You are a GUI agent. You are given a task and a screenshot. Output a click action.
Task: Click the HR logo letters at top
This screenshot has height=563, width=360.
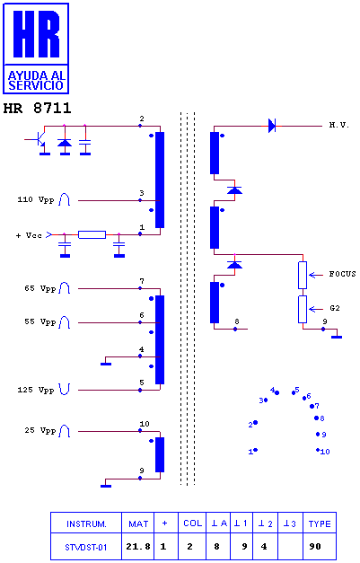[36, 34]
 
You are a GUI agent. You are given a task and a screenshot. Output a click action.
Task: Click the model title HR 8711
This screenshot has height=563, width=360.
[38, 108]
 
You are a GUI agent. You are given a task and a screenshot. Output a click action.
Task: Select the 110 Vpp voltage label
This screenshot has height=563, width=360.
[36, 199]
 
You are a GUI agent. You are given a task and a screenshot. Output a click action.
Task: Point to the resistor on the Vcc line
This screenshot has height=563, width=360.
[92, 235]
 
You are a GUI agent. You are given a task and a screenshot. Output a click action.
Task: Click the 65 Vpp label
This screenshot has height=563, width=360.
[40, 288]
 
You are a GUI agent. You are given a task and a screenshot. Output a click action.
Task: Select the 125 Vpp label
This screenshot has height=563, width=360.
[36, 390]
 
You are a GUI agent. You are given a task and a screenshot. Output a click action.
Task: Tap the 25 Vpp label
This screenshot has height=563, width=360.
[40, 430]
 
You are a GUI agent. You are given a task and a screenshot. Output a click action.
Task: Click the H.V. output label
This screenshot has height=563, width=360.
[338, 125]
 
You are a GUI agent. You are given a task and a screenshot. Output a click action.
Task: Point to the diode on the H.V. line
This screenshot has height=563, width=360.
[272, 126]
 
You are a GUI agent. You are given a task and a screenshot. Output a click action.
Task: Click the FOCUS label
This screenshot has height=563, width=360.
[342, 274]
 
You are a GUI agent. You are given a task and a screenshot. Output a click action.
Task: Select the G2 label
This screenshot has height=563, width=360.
[335, 308]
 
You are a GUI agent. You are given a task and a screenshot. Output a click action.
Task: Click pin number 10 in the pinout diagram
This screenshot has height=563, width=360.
[325, 452]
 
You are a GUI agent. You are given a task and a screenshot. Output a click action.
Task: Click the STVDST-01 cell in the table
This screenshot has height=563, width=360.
[86, 547]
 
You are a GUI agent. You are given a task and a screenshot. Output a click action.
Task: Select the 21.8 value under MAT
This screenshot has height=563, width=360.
[138, 547]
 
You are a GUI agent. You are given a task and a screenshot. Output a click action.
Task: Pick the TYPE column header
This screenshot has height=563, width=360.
[320, 523]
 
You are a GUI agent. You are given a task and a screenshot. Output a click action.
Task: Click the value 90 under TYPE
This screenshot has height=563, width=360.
[315, 547]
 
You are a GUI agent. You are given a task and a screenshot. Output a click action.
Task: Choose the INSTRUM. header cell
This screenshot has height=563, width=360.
[86, 524]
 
